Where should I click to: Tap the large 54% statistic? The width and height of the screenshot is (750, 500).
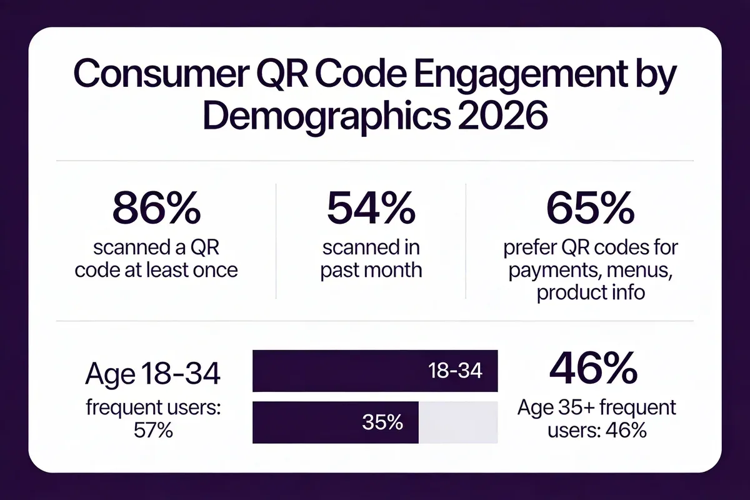(x=371, y=209)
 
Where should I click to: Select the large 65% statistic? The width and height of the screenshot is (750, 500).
(x=590, y=209)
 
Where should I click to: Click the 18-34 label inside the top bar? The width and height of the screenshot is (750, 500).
(x=456, y=371)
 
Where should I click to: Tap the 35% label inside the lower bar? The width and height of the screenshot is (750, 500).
(x=382, y=422)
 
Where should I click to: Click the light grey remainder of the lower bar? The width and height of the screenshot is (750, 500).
(x=457, y=422)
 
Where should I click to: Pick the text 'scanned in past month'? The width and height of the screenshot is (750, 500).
(x=371, y=259)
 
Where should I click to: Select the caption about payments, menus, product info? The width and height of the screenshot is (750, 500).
(x=590, y=271)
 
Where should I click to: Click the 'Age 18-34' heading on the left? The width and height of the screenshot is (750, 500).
(x=152, y=375)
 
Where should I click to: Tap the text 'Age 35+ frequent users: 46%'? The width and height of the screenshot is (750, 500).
(x=596, y=419)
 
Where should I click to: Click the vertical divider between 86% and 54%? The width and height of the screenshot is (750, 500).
(x=276, y=241)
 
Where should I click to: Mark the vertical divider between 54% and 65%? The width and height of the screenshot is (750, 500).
(x=466, y=241)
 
